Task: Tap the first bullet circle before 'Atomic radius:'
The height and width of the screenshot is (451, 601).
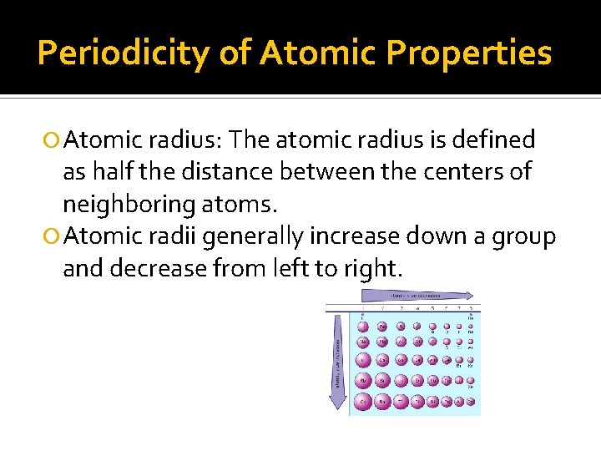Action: pos(53,140)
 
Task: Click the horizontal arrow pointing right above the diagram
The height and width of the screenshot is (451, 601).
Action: pos(431,295)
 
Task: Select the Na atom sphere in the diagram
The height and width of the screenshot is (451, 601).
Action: pos(363,342)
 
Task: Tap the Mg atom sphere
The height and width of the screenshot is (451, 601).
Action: pos(382,342)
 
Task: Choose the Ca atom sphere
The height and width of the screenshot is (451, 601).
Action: pos(382,361)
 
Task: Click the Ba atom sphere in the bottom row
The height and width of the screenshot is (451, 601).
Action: pos(382,402)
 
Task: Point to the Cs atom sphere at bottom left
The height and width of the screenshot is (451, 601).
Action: pos(363,402)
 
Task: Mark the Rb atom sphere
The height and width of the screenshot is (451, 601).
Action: pos(363,381)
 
